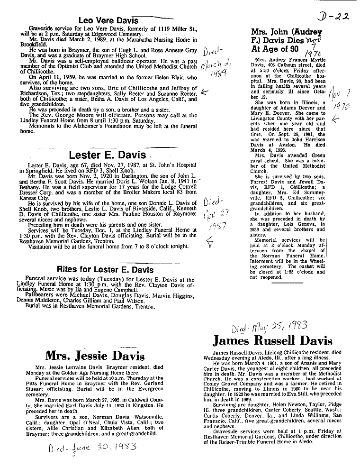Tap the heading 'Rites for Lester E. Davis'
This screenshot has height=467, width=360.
pyautogui.click(x=105, y=270)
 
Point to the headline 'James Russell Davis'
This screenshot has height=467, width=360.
pyautogui.click(x=272, y=341)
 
